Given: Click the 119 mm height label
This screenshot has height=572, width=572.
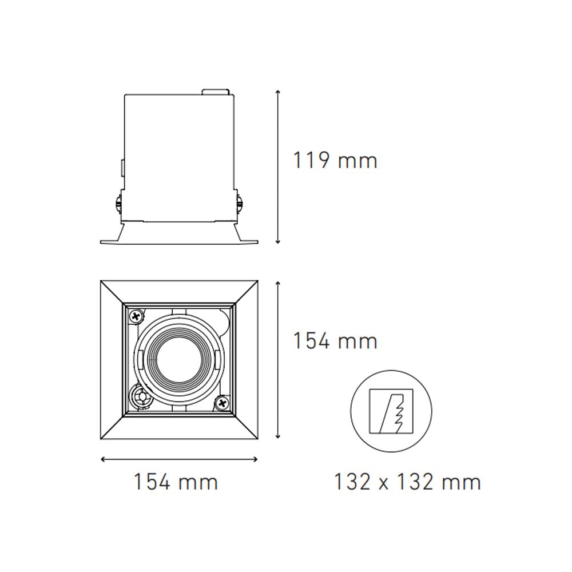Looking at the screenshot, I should click(x=335, y=160).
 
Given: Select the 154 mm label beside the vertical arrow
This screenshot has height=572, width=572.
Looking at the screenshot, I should click(x=335, y=341).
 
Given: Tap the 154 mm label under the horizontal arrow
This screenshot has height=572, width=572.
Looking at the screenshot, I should click(x=176, y=482).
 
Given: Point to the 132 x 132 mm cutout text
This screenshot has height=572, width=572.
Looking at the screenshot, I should click(x=407, y=482).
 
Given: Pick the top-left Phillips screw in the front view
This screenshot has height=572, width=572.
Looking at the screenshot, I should click(x=137, y=315).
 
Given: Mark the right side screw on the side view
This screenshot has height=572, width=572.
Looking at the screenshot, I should click(x=240, y=203).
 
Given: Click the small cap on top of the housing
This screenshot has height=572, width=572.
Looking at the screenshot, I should click(x=216, y=91).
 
